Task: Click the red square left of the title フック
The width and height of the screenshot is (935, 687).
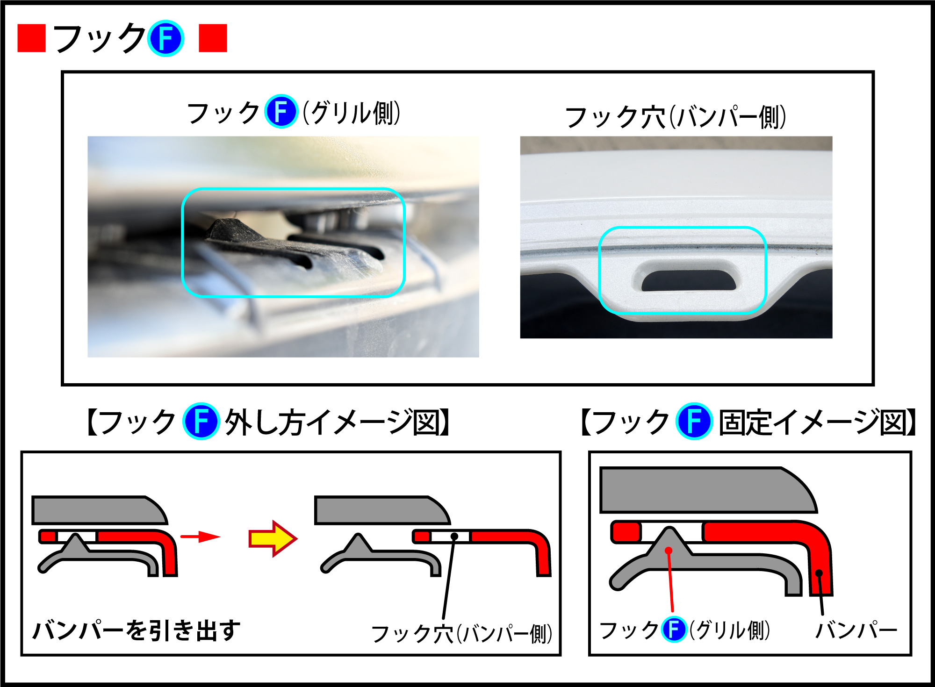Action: tap(31, 38)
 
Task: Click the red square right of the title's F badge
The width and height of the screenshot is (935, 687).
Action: tap(213, 38)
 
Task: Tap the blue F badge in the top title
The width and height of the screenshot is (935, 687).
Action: tap(165, 38)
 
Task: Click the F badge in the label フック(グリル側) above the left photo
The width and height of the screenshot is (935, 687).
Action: tap(281, 111)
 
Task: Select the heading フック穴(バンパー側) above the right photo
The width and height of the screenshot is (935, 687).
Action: tap(676, 116)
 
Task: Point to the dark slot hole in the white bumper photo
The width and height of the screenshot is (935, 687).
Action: tap(689, 280)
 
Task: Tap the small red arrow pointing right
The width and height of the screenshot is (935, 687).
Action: tap(200, 537)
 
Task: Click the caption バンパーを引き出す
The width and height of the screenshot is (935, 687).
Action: tap(136, 630)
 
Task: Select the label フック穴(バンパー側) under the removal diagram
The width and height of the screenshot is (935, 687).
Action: tap(462, 634)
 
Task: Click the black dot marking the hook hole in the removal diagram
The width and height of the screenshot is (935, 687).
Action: tap(454, 536)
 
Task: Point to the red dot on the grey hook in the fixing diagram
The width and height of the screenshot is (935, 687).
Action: tap(669, 551)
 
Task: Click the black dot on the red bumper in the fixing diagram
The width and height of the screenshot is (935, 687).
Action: tap(819, 573)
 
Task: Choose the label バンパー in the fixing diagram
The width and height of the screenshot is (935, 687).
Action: tap(856, 630)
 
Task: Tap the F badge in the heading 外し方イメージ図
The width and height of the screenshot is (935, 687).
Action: tap(201, 421)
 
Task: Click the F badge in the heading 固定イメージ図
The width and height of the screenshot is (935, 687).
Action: tap(694, 421)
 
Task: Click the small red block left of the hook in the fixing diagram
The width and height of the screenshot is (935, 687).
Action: tap(626, 532)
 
